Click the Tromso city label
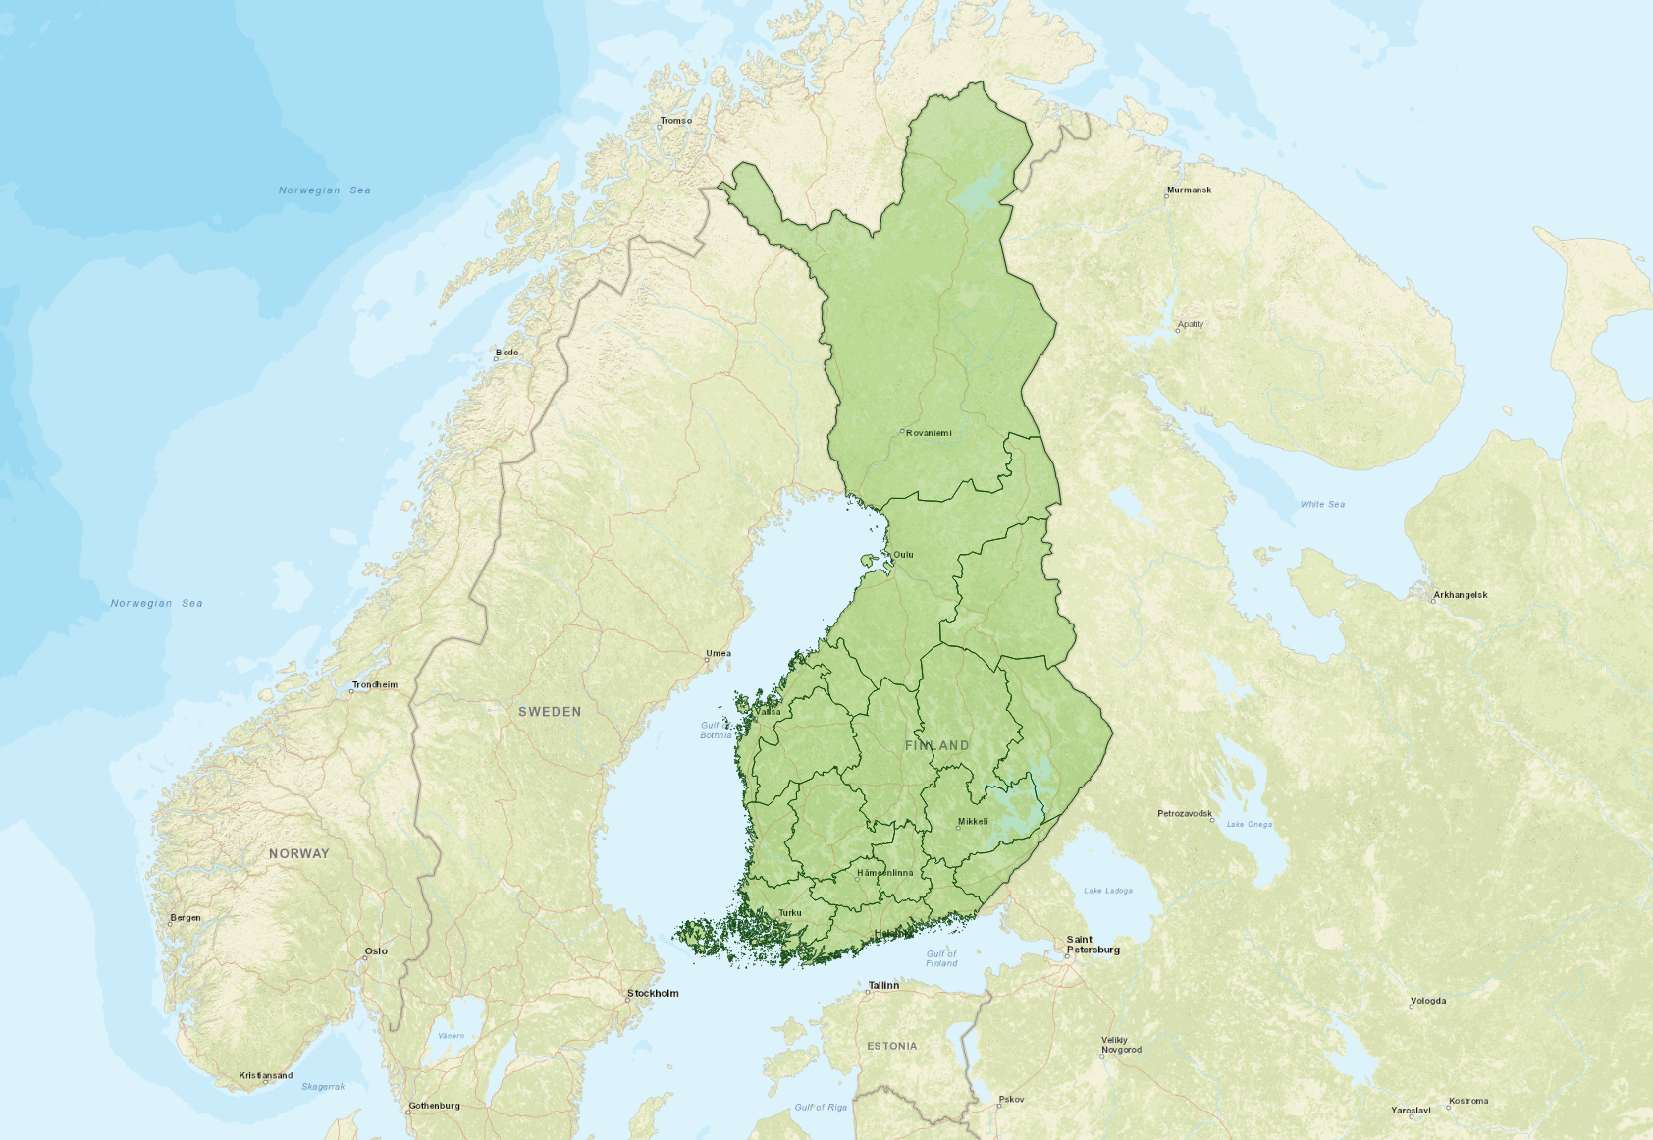675,121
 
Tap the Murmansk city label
1189,190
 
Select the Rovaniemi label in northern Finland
928,433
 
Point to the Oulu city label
903,555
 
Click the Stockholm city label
653,993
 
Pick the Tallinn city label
883,985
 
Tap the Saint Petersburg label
1093,945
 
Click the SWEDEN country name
550,712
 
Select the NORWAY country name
299,853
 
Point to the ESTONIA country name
891,1046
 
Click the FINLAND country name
936,746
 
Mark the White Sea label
1322,504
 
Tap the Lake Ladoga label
1107,891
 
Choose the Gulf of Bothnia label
716,730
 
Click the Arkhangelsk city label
1460,595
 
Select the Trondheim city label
375,684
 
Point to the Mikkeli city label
973,822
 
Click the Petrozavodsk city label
1185,813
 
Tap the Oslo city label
376,950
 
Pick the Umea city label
718,653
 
